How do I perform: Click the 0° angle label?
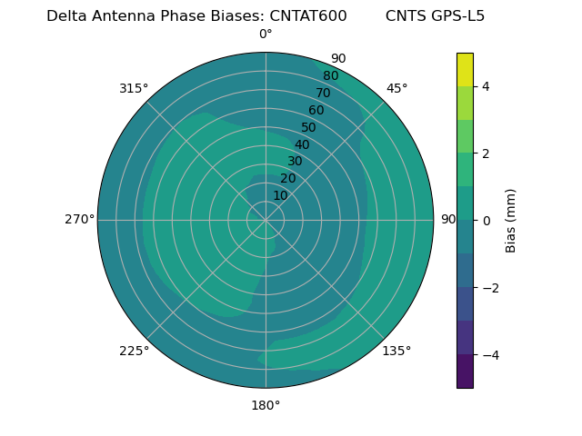[x=266, y=35]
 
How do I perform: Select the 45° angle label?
[x=397, y=88]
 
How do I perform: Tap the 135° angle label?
[x=396, y=352]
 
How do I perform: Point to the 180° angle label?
[x=266, y=405]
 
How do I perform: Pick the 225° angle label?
[x=134, y=352]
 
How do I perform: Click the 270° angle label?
[x=79, y=220]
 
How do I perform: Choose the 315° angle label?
[x=134, y=88]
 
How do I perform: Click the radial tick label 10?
[x=280, y=195]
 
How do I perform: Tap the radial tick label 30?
[x=295, y=162]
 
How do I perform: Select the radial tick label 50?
[x=309, y=128]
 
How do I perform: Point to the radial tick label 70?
[x=323, y=94]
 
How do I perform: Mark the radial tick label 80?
[x=330, y=76]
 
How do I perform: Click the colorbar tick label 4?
[x=487, y=86]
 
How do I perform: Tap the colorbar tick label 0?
[x=487, y=221]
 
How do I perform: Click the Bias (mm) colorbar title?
[x=511, y=221]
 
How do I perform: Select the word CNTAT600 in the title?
[x=308, y=16]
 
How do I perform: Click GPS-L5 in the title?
[x=459, y=16]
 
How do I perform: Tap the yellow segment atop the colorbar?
[x=465, y=70]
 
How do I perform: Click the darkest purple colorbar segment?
[x=465, y=372]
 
